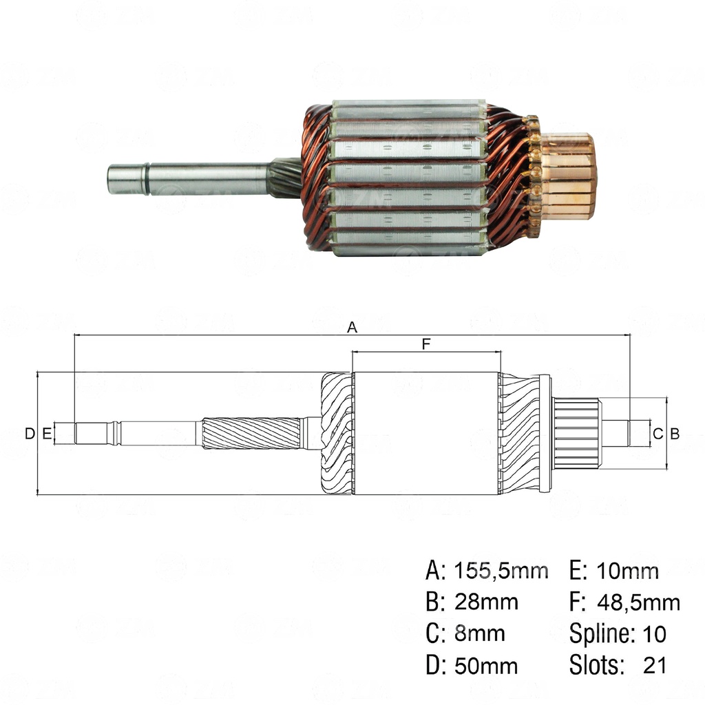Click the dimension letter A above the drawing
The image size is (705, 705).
(x=352, y=328)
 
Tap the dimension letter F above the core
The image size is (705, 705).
(x=425, y=344)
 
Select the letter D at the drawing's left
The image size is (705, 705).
(x=29, y=433)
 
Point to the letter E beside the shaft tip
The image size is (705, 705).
(x=46, y=433)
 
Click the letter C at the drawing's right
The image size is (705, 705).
(x=657, y=433)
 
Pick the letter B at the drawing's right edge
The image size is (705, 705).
(x=675, y=433)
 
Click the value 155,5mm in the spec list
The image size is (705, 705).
(x=501, y=570)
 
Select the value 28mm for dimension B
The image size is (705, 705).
(x=486, y=602)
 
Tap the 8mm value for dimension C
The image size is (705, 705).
(x=479, y=633)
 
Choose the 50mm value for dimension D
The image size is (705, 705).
(x=486, y=666)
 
